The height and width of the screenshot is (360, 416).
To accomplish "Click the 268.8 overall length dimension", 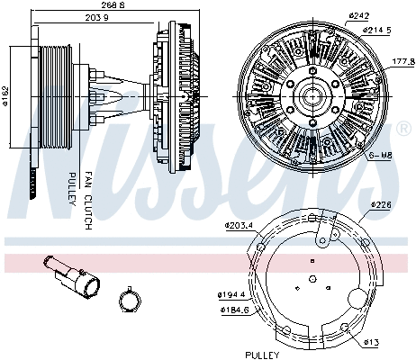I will pos(110,4).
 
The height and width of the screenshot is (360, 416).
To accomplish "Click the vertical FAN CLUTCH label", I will pos(88,198).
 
